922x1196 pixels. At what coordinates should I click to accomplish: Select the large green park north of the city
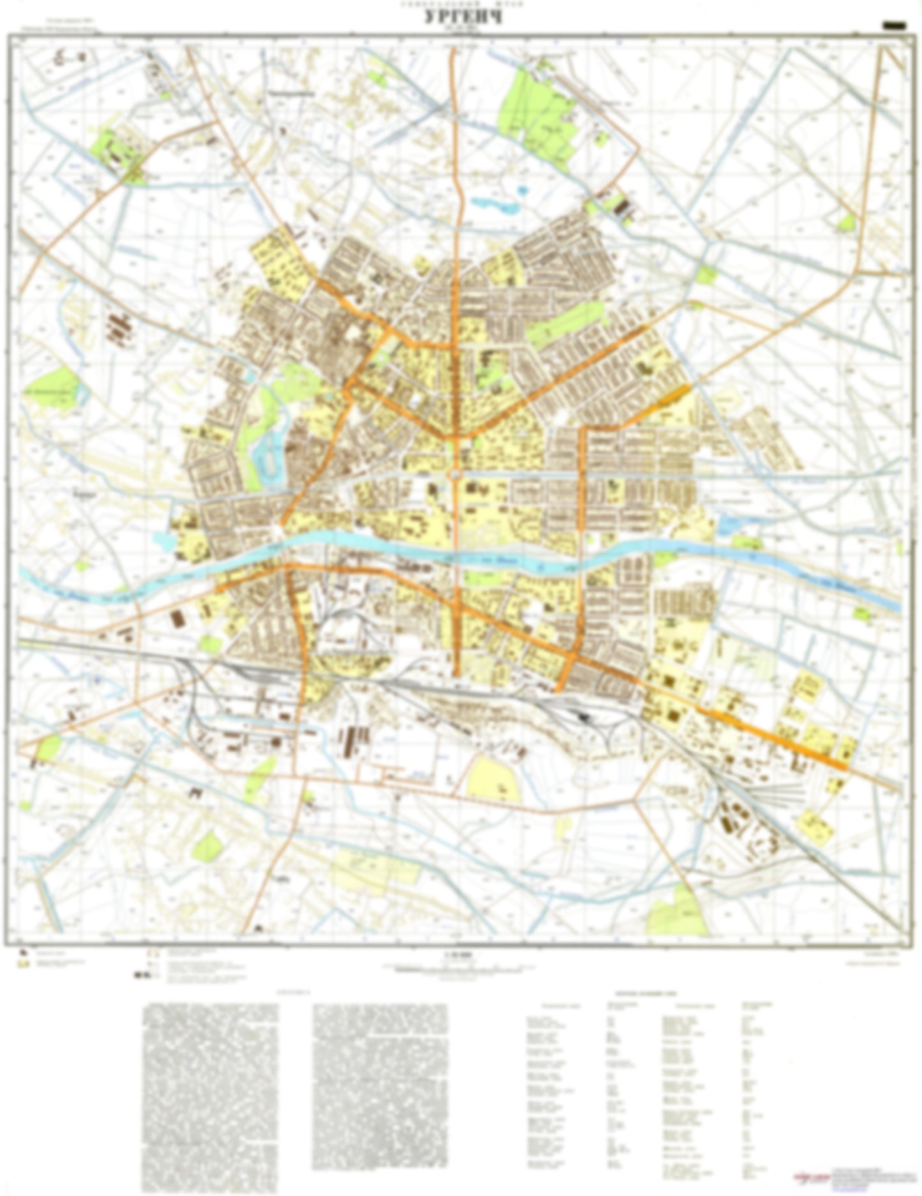pos(536,108)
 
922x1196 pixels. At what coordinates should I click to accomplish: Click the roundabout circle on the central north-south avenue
pos(456,474)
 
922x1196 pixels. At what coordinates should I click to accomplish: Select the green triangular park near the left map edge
pos(54,387)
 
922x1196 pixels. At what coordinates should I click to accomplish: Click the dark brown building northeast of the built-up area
pos(622,207)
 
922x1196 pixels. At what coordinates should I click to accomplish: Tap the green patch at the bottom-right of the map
pos(678,913)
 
